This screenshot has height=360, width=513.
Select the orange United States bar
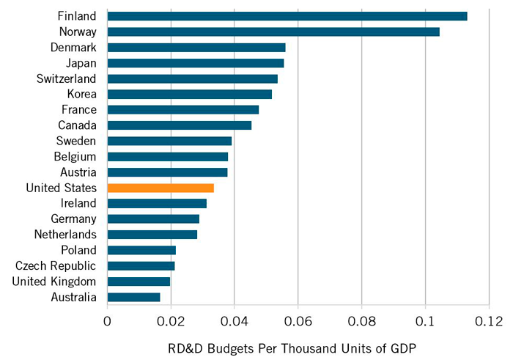click(x=160, y=188)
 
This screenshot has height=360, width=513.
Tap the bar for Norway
click(x=273, y=32)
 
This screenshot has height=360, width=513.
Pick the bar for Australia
click(x=133, y=297)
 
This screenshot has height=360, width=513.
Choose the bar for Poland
click(x=141, y=250)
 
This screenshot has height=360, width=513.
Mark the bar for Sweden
click(x=169, y=141)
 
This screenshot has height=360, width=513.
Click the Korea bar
click(x=189, y=94)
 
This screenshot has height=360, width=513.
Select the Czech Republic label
click(x=61, y=265)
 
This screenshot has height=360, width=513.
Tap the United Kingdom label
click(x=55, y=282)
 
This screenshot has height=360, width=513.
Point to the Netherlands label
click(x=65, y=235)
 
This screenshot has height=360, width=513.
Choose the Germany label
click(x=73, y=218)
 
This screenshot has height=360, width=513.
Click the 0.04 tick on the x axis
click(x=234, y=321)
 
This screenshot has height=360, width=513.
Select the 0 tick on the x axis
click(x=107, y=321)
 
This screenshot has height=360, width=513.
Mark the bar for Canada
click(x=179, y=125)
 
